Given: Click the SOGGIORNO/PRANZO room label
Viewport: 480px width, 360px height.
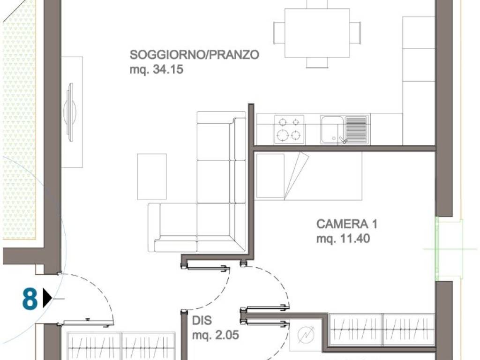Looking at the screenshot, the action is pos(195,55).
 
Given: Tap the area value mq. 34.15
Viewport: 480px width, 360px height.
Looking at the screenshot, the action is pos(156,69).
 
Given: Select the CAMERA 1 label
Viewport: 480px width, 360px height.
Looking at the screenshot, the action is pos(346,224).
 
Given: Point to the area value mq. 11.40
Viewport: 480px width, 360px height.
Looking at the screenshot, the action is pos(343,239).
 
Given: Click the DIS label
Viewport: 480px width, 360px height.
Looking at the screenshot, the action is pos(202,321).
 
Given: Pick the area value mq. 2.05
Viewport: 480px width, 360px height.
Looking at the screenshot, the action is pos(216,335).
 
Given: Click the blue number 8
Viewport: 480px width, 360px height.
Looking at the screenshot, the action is pos(30,299).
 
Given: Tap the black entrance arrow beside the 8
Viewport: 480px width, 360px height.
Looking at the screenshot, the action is pos(47,298).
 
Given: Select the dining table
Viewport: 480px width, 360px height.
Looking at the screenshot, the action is pos(317,33).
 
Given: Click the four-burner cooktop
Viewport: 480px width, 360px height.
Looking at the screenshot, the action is pos(289,129).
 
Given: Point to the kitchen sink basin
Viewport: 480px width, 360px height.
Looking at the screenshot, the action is pos(332,130).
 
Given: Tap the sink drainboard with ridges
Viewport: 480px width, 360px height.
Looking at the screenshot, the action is pos(356,129).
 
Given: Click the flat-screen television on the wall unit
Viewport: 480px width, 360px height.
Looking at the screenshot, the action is pos(71,112).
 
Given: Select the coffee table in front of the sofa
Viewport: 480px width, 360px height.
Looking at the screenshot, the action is pos(151,176).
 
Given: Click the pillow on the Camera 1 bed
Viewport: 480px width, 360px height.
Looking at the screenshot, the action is pos(270,176).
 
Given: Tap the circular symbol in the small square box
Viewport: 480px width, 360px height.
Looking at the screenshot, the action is pos(306,334).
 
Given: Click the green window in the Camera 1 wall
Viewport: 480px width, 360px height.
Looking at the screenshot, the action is pos(437,248).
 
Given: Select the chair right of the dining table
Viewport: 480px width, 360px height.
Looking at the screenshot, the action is pos(355,33).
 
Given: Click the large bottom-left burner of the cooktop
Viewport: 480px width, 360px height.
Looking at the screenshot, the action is pos(282,135).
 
